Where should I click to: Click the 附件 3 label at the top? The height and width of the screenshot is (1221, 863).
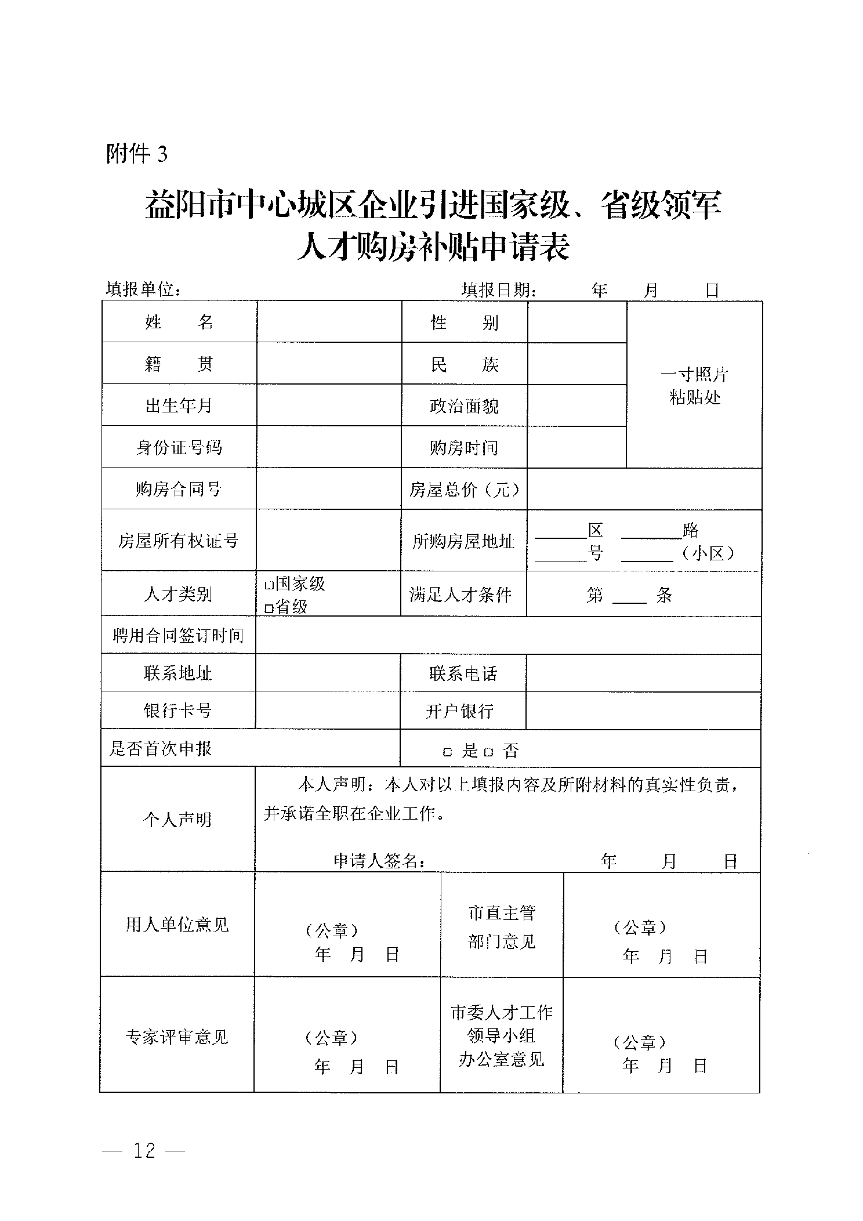point(136,154)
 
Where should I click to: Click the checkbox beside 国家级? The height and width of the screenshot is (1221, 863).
point(269,585)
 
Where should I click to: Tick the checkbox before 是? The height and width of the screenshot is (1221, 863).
point(447,752)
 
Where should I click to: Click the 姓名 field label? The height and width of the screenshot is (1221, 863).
point(179,322)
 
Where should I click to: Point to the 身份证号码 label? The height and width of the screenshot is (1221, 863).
point(179,447)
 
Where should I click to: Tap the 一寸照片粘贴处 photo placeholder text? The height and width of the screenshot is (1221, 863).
point(694,386)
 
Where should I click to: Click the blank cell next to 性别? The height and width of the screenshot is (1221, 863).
point(577,322)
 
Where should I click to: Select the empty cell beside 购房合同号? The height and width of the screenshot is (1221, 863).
point(329,489)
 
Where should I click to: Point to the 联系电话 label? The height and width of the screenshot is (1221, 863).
point(463,673)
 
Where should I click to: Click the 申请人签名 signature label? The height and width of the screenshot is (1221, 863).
point(380,861)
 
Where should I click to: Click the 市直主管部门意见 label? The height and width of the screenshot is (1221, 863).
point(502,927)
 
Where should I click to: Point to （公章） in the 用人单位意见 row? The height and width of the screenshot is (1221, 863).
point(331,930)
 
